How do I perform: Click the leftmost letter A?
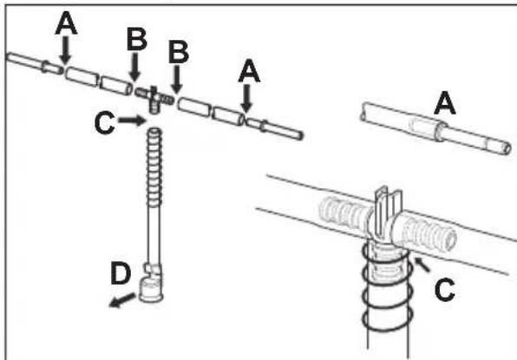coord(66,23)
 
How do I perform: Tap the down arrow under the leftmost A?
coord(66,49)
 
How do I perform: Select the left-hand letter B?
coord(137,39)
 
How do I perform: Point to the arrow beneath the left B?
coord(134,66)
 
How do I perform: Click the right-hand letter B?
coord(179,52)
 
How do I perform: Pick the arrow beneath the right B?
coord(177,79)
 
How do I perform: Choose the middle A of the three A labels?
coord(249,70)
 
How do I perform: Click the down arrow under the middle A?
coord(246,98)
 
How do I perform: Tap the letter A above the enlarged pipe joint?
coord(445,103)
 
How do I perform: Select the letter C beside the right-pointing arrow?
coord(104,123)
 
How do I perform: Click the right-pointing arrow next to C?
coord(132,121)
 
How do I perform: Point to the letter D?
coord(121,273)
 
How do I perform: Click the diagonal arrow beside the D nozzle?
coord(122,300)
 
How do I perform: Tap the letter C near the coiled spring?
coord(445,290)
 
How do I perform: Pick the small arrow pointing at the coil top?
coord(422,265)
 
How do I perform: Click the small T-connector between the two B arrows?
coord(154,97)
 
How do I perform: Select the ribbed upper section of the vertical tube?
coord(154,167)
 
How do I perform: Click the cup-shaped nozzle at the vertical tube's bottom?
coord(151,290)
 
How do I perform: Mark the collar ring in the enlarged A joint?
coord(439,131)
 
